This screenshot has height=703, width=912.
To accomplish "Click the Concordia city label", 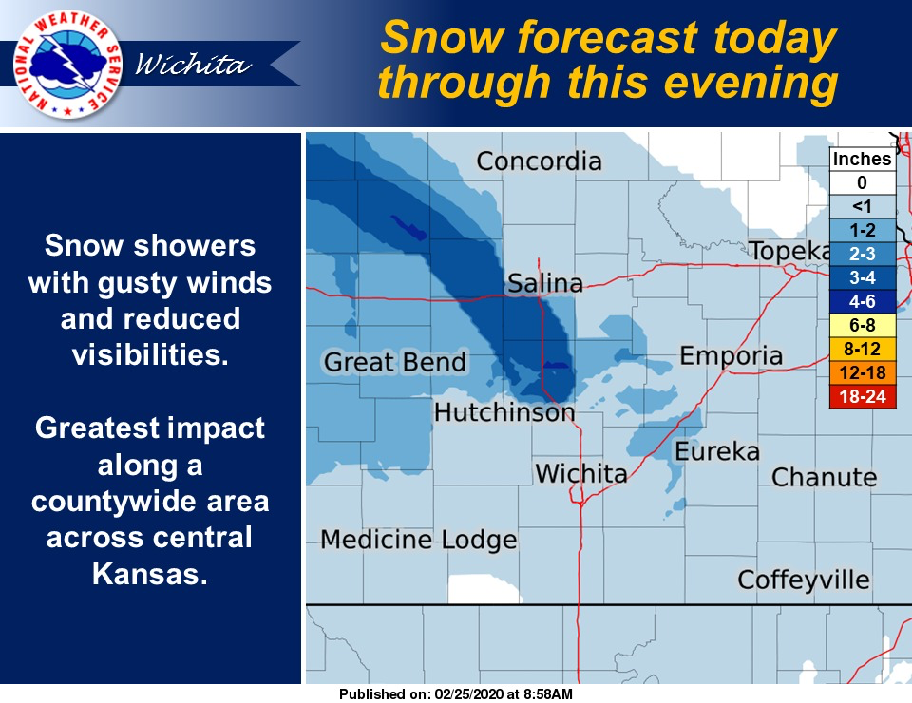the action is pyautogui.click(x=539, y=161).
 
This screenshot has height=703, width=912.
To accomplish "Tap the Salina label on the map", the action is pyautogui.click(x=545, y=283).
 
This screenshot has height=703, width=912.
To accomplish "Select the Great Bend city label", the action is pyautogui.click(x=395, y=362).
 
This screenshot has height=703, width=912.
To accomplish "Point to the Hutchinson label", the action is pyautogui.click(x=504, y=412).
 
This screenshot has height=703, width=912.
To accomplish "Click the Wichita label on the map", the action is pyautogui.click(x=581, y=473).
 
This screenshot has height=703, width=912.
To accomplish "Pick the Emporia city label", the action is pyautogui.click(x=731, y=356).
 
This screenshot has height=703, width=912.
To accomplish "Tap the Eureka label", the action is pyautogui.click(x=717, y=451).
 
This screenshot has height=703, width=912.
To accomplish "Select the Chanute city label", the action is pyautogui.click(x=825, y=477).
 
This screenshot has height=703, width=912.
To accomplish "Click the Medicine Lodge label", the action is pyautogui.click(x=419, y=540).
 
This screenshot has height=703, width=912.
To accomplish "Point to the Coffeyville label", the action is pyautogui.click(x=804, y=579).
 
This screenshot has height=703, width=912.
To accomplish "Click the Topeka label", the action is pyautogui.click(x=789, y=251).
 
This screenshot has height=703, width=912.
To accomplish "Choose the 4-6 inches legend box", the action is pyautogui.click(x=863, y=301).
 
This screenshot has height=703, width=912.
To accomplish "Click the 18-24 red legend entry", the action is pyautogui.click(x=863, y=396).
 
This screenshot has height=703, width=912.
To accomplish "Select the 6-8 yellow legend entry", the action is pyautogui.click(x=863, y=325).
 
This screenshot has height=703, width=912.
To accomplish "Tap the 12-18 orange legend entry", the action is pyautogui.click(x=863, y=372).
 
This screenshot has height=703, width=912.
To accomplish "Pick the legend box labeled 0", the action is pyautogui.click(x=863, y=182).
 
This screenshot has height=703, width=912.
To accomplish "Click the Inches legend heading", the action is pyautogui.click(x=862, y=159).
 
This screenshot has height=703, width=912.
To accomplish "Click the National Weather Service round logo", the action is pyautogui.click(x=67, y=64).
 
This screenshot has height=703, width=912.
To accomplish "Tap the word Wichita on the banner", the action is pyautogui.click(x=193, y=64).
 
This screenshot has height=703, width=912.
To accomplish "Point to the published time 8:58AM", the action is pyautogui.click(x=548, y=694).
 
